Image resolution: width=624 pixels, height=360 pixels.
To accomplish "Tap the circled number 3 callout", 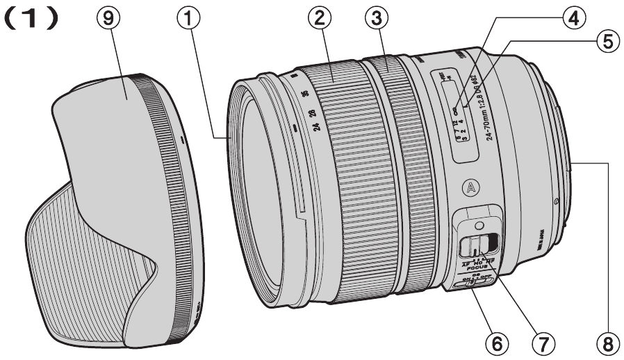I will click(x=377, y=21).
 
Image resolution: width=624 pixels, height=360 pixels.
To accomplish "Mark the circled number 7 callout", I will click(x=545, y=342).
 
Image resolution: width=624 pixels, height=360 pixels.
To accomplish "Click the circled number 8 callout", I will click(x=609, y=342).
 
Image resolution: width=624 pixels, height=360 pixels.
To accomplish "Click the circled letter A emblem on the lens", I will click(x=470, y=187).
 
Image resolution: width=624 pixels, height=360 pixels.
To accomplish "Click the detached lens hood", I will click(x=111, y=208).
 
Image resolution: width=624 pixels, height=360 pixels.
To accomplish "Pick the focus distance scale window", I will click(x=448, y=115).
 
